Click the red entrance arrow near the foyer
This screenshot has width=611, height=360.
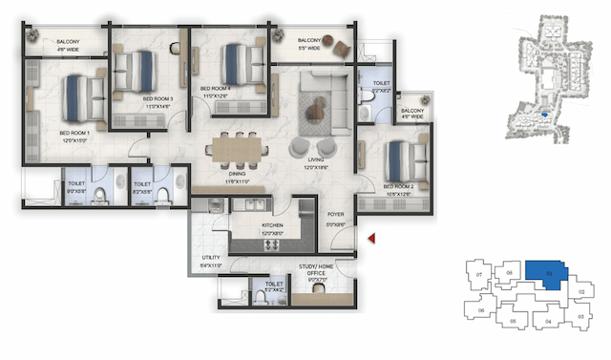[x=374, y=237]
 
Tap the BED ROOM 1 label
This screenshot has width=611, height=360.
[x=74, y=133]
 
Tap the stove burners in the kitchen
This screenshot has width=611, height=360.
[x=269, y=244]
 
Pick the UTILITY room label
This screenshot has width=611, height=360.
[x=210, y=258]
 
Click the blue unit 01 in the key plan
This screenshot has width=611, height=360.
[x=546, y=274]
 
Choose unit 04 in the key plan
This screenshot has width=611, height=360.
[x=548, y=322]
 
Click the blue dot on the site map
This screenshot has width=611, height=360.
[x=543, y=115]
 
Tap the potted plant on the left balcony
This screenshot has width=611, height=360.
[x=35, y=37]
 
